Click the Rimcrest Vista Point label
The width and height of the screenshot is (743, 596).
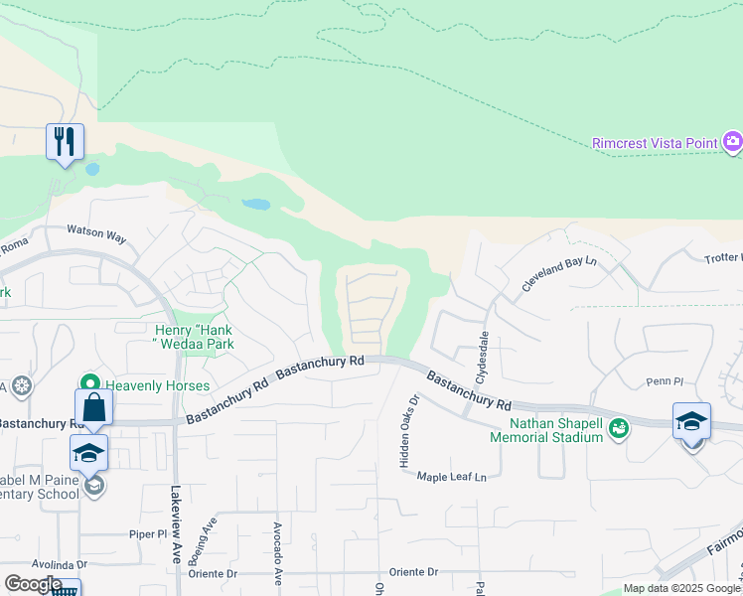pos(655,143)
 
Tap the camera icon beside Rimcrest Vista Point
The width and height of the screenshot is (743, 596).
pos(733,142)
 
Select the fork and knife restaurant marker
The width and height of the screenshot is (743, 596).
pos(65,141)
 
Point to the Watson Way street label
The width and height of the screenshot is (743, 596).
pos(96,235)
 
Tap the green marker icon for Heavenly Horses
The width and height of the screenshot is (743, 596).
pos(90,383)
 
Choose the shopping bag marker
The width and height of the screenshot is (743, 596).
pos(93,406)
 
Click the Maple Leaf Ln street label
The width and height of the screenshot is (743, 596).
pos(451,477)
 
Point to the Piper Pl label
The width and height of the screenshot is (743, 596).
pos(149,533)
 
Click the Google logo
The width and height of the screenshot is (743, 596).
pos(33,584)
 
